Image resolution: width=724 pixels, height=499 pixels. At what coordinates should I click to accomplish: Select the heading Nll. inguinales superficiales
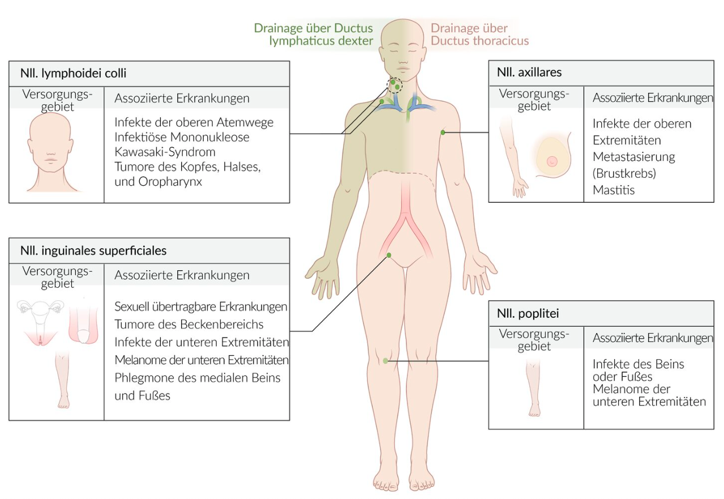click(93, 249)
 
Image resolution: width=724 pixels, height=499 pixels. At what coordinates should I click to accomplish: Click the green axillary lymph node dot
click(443, 132)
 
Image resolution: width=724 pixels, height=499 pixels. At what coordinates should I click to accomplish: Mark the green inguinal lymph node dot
click(389, 255)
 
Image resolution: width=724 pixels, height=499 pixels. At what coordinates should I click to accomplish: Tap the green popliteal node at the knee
click(385, 361)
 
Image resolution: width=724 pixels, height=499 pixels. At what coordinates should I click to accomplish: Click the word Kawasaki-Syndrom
click(165, 152)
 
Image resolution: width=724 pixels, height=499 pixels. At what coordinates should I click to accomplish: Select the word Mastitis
click(614, 190)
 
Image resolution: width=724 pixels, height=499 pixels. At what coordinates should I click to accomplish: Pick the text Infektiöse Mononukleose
click(182, 137)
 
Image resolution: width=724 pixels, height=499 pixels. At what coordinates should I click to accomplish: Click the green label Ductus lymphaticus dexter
click(313, 35)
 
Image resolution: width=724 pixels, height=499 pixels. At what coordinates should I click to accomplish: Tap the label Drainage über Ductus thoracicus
click(479, 35)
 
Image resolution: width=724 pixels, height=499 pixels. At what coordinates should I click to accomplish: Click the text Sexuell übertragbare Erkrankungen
click(201, 306)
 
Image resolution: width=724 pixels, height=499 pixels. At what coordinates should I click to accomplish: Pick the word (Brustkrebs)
click(624, 173)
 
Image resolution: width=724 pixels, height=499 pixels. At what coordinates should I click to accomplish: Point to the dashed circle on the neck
click(394, 85)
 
